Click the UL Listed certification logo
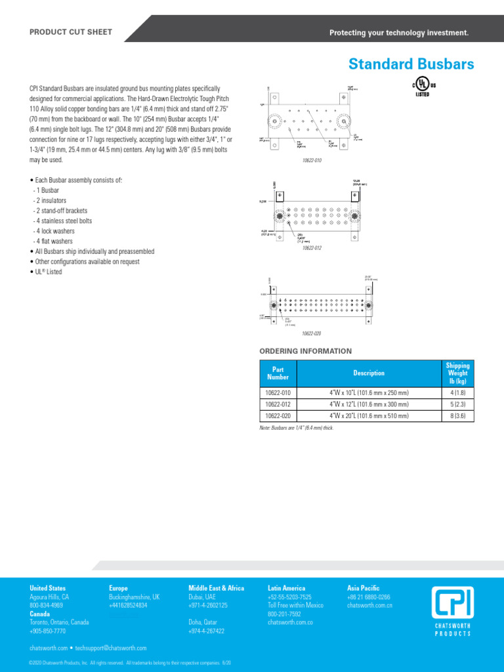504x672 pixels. [423, 88]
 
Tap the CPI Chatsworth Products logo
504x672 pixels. [453, 610]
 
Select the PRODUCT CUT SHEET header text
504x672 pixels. [71, 32]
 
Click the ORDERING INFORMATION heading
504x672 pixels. [306, 351]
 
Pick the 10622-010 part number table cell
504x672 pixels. [278, 392]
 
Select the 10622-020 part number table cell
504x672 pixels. [278, 416]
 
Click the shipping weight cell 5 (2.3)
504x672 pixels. [457, 404]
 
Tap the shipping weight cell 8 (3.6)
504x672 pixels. [457, 416]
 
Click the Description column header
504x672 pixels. [369, 373]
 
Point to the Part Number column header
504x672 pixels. [278, 373]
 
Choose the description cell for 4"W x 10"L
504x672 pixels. [369, 392]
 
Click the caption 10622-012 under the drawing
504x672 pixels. [312, 248]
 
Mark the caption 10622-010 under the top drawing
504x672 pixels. [312, 160]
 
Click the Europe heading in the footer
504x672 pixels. [118, 588]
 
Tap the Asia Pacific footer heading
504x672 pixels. [363, 588]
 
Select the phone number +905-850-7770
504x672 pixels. [48, 631]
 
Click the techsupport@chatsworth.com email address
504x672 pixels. [111, 648]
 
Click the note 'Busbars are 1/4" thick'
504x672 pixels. [297, 428]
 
